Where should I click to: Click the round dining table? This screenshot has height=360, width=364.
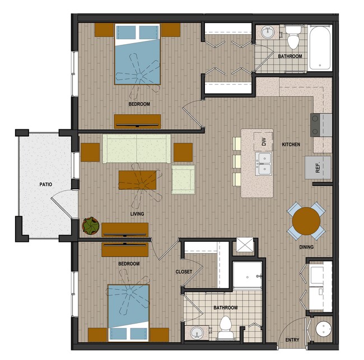(x=306, y=221)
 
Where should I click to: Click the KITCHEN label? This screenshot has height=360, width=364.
(x=291, y=144)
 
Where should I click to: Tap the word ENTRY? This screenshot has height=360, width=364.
(x=292, y=340)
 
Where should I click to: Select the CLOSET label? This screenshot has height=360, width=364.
(x=184, y=272)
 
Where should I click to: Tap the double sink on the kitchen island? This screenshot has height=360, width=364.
(x=263, y=163)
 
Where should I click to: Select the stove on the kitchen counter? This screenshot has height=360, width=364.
(x=321, y=124)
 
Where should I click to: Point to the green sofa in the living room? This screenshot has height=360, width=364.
(x=137, y=148)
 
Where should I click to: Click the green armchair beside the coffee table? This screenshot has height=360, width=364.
(x=183, y=180)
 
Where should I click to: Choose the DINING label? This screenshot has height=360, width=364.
(x=306, y=247)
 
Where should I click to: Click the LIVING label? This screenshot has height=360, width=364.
(x=137, y=214)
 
